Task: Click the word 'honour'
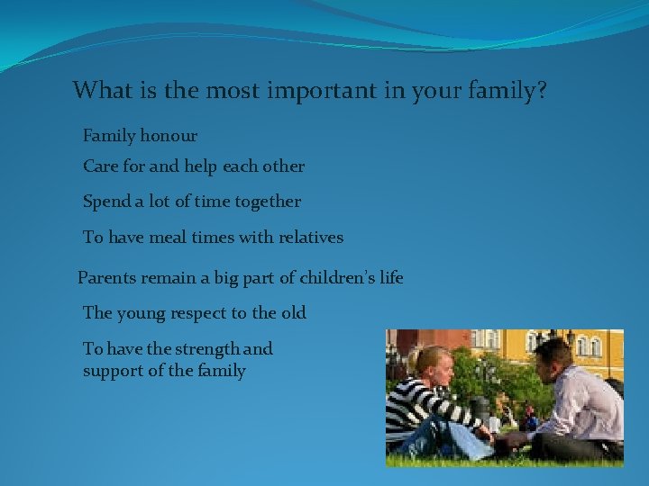point(168,136)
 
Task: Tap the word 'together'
point(268,202)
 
